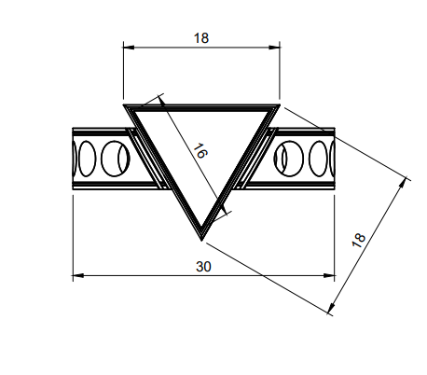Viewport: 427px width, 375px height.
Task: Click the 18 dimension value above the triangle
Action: pyautogui.click(x=201, y=37)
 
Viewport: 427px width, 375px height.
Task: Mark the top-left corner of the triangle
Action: pyautogui.click(x=125, y=104)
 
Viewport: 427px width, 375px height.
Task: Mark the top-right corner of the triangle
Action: pyautogui.click(x=279, y=104)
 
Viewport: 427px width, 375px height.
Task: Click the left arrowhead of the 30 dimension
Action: pyautogui.click(x=77, y=275)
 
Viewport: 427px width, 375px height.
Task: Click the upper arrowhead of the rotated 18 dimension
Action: pyautogui.click(x=406, y=178)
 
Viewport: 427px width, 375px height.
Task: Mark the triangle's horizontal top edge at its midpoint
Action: pyautogui.click(x=201, y=104)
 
